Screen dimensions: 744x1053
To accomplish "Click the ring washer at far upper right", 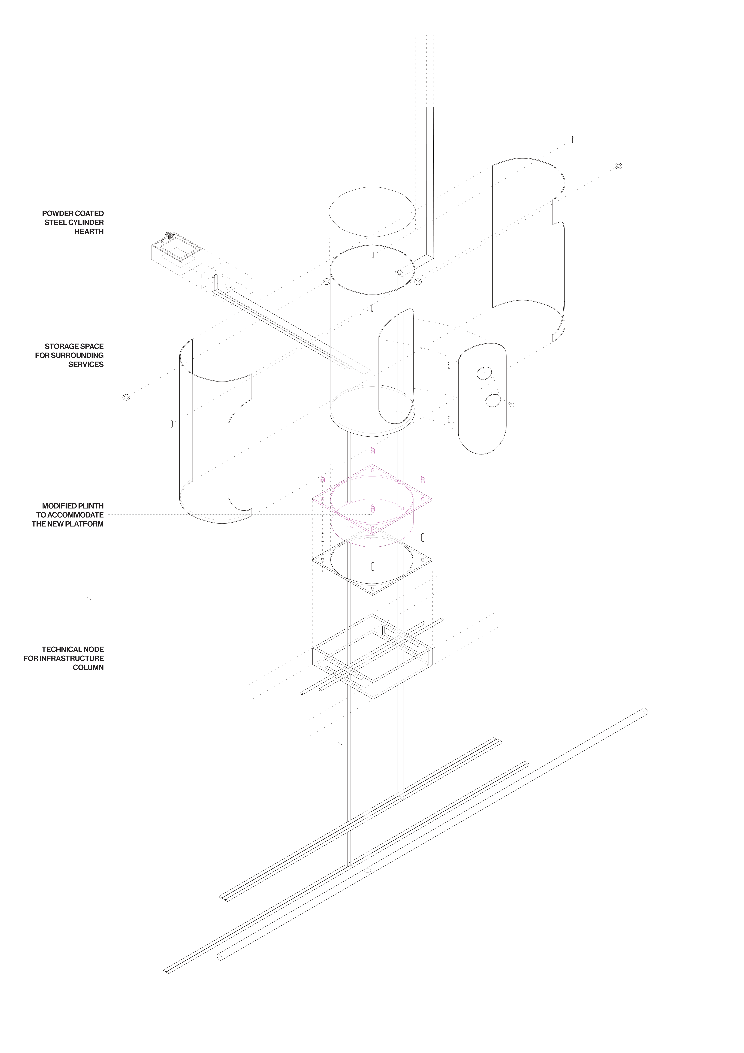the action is coord(618,166).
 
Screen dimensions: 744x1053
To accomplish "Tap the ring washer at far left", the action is coord(127,397).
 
